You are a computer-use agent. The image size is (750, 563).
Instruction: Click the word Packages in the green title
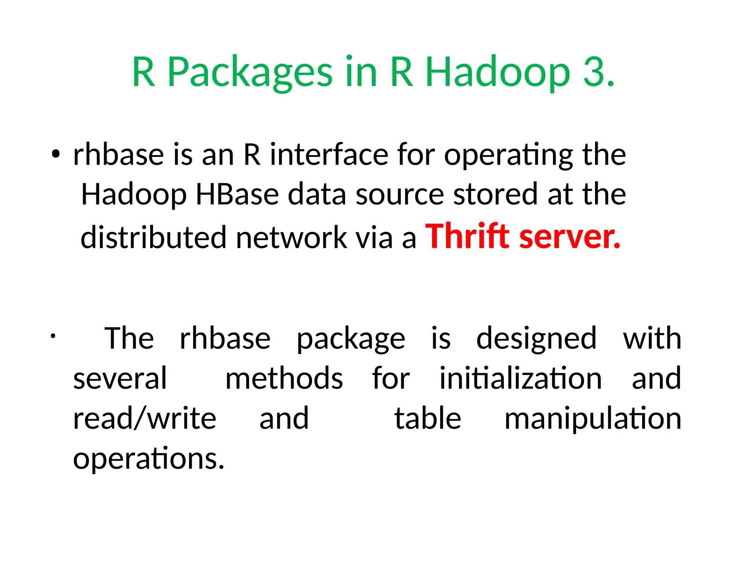click(250, 72)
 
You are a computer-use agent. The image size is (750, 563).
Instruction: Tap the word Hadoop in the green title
click(498, 72)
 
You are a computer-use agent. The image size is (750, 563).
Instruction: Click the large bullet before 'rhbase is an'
click(55, 155)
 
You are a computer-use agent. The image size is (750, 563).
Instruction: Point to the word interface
click(329, 155)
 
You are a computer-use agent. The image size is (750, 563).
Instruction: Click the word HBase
click(237, 194)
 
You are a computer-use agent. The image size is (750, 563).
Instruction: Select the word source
click(400, 194)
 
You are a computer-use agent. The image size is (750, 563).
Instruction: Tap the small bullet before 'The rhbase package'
click(53, 336)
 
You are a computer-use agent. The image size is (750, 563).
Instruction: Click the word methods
click(284, 378)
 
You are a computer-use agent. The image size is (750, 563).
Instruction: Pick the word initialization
click(520, 378)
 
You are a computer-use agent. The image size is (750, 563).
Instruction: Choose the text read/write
click(145, 419)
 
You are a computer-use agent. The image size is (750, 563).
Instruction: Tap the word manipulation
click(593, 419)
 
